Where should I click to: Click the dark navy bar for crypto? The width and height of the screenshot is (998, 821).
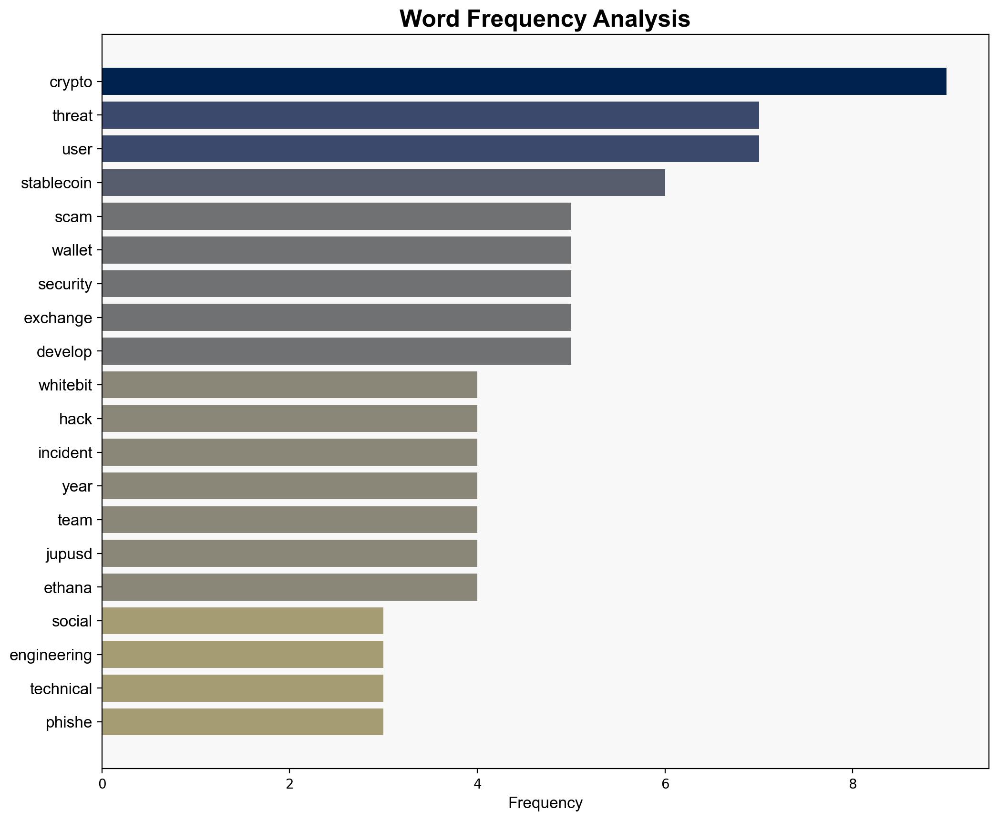(x=524, y=82)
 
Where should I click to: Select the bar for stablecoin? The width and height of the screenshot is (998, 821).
(x=383, y=183)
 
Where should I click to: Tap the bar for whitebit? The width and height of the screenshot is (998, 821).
(x=289, y=385)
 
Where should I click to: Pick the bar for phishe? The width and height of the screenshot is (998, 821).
(x=242, y=722)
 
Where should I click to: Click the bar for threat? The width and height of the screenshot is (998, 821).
(x=430, y=115)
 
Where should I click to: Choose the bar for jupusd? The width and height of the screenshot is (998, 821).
(x=289, y=554)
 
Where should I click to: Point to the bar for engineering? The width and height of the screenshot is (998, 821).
(x=242, y=655)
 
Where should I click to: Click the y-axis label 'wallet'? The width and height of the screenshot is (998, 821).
(x=72, y=250)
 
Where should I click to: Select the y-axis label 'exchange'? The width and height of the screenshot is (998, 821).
(x=58, y=318)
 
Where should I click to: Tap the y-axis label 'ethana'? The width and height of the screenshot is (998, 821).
(x=68, y=588)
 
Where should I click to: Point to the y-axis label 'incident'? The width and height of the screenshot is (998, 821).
(x=65, y=453)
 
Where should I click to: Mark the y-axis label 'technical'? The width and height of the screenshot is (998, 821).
(x=61, y=689)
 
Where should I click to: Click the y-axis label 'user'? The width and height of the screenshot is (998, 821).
(x=77, y=149)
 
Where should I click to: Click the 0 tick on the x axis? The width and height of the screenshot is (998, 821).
(x=102, y=784)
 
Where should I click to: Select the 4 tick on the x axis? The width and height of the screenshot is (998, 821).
(x=477, y=784)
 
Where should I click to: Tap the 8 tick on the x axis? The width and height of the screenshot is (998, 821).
(x=853, y=784)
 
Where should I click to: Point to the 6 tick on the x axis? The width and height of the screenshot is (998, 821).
(x=665, y=784)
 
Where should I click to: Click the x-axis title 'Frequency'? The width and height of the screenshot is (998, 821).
(x=545, y=803)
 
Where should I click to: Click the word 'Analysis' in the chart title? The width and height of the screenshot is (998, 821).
(x=641, y=20)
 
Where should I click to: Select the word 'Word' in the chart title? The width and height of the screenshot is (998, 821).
(x=430, y=20)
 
